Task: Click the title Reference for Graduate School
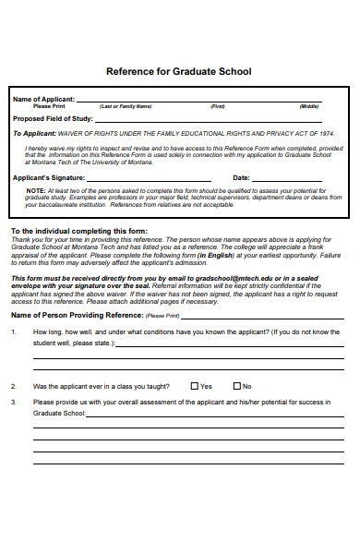179,71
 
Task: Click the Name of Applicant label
42,99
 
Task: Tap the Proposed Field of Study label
52,117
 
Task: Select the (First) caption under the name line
218,106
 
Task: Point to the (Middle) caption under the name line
308,106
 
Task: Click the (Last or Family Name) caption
125,106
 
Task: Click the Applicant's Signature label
49,177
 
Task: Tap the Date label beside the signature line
241,177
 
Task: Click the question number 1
13,331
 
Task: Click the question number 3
13,403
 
